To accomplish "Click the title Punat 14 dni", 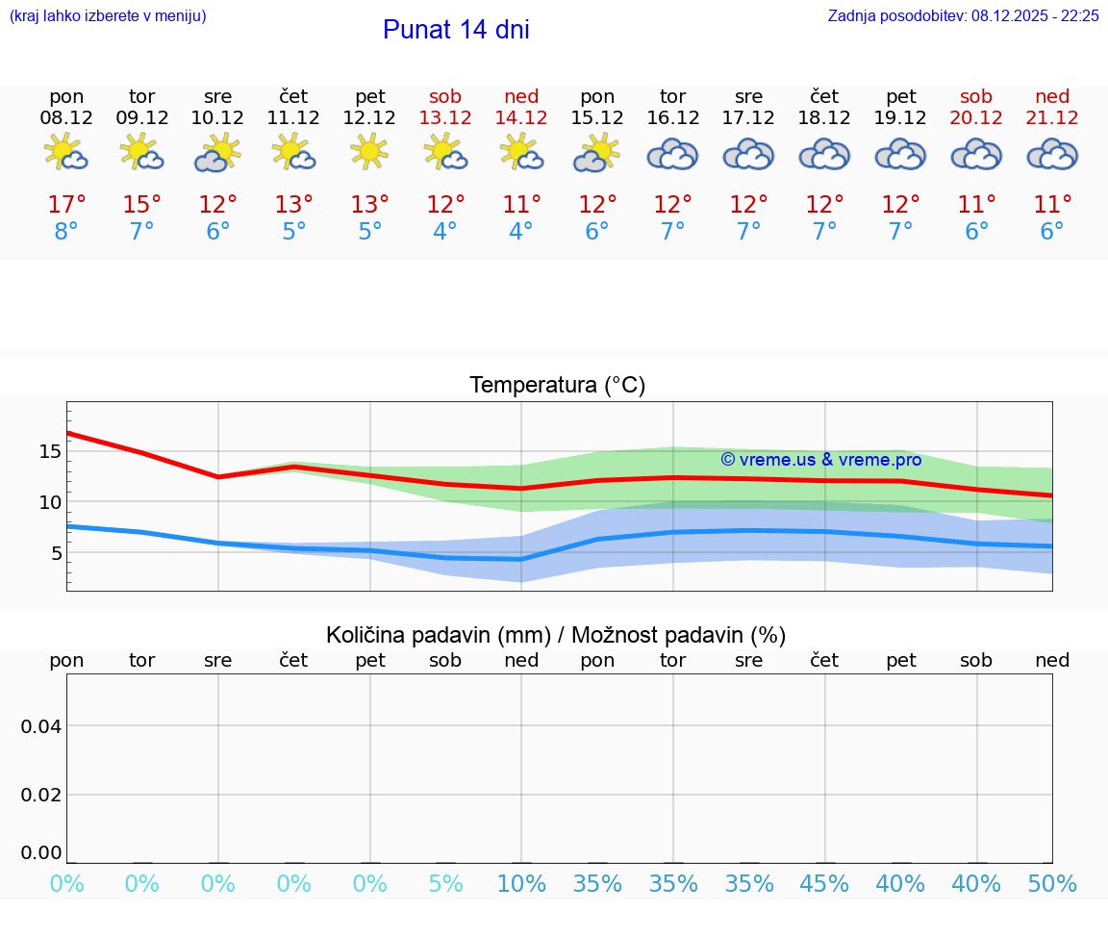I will click(456, 30).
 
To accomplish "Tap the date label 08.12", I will click(66, 117).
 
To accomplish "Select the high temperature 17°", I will click(66, 204).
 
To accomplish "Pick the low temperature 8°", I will click(66, 232).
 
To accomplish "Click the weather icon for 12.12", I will click(369, 153).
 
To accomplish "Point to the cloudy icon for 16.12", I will click(672, 154).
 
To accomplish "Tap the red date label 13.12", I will click(445, 117).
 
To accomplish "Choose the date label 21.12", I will click(1052, 117).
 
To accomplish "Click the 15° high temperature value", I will click(142, 204).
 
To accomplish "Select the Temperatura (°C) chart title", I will click(557, 385).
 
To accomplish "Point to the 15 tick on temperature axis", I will click(50, 451).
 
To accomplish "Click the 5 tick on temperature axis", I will click(56, 552).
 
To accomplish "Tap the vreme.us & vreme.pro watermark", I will click(820, 460).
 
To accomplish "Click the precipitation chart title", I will click(556, 635).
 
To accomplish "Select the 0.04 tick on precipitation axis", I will click(41, 725).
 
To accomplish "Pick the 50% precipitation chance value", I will click(1052, 883).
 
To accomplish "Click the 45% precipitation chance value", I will click(824, 883).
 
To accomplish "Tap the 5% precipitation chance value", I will click(445, 883).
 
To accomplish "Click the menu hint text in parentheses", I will click(108, 15).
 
